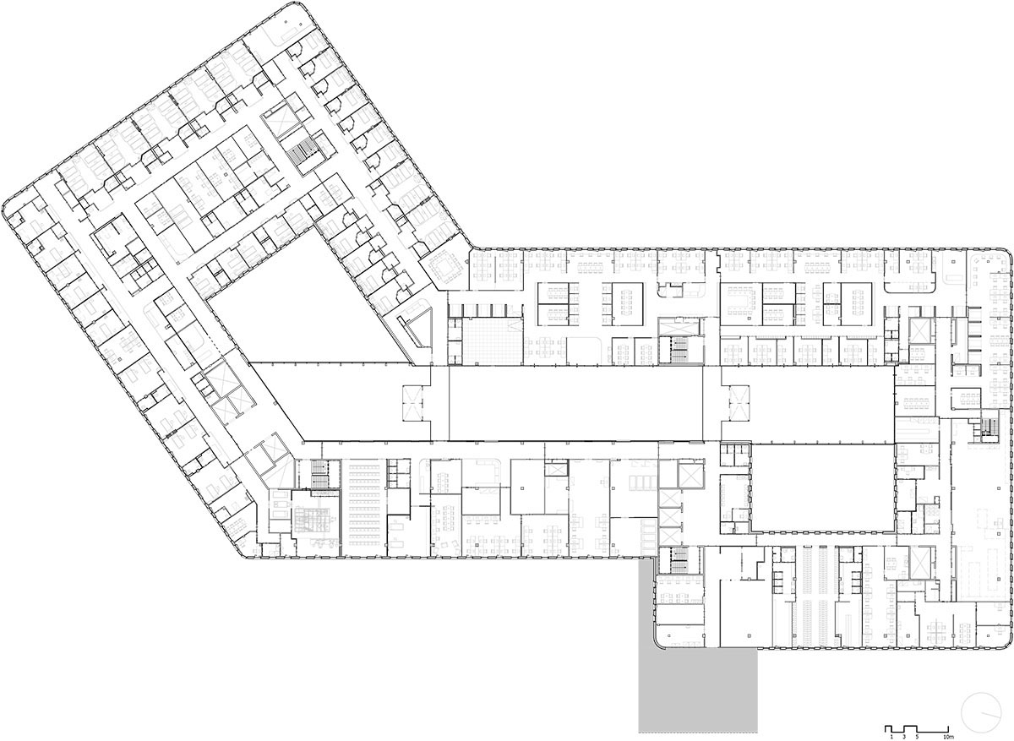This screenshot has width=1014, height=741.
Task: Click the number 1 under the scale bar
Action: (891, 738)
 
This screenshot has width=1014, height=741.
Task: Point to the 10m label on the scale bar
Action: (949, 738)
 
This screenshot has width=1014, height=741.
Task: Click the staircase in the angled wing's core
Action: (301, 151)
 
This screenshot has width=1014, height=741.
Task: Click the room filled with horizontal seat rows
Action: (364, 508)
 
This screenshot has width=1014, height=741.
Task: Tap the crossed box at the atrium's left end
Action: (412, 404)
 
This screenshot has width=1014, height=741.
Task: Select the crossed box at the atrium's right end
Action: (739, 404)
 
